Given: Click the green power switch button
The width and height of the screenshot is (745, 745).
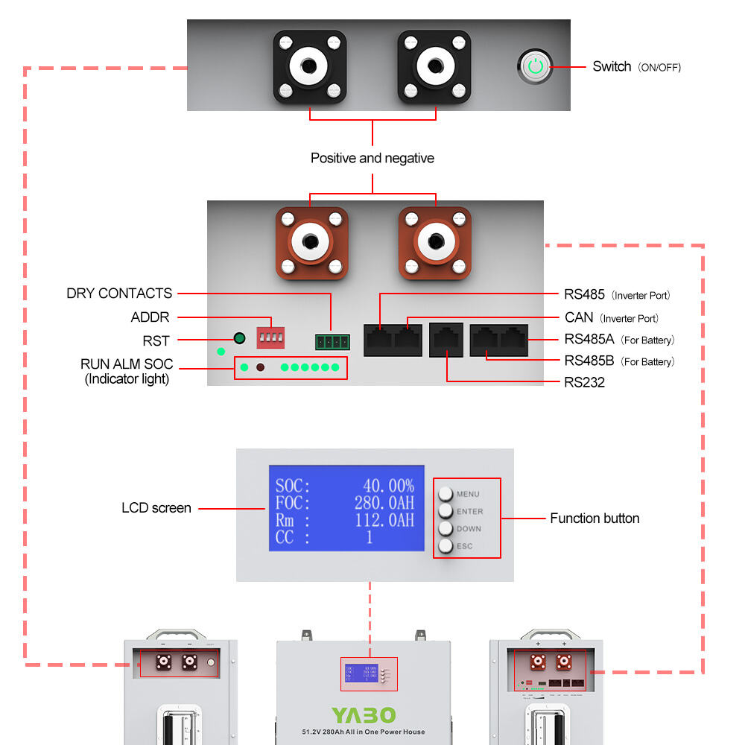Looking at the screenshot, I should [x=535, y=66].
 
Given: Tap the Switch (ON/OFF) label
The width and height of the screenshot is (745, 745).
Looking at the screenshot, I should [x=636, y=67].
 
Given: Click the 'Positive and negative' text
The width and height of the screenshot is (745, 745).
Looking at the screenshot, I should [x=372, y=158].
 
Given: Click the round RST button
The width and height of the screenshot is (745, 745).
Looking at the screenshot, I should [x=239, y=339].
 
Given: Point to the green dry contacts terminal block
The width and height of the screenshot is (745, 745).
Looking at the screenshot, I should [x=331, y=342].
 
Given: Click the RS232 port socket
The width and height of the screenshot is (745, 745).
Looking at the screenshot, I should [x=446, y=339].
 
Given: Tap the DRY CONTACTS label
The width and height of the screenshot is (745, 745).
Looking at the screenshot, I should [x=119, y=294].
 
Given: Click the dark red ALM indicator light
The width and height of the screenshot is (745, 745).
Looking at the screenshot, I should [x=261, y=367].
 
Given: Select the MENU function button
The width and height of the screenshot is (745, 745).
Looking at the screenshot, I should [x=446, y=494].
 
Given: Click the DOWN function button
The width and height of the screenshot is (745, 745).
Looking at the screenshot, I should [x=446, y=528].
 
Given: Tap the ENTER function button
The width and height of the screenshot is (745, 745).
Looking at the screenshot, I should [x=446, y=511].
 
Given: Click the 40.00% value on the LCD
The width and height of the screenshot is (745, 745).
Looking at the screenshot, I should [x=387, y=486].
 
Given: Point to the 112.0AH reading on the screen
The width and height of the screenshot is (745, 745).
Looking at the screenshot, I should [x=384, y=520].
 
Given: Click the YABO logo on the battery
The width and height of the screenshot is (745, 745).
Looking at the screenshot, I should [x=364, y=715].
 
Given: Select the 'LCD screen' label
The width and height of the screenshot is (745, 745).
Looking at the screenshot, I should [x=156, y=508].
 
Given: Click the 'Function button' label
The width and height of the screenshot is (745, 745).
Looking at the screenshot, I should [x=595, y=519].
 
